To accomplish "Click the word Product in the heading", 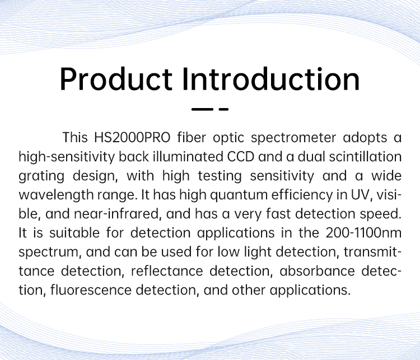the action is pyautogui.click(x=116, y=80).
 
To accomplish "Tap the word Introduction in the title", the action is pyautogui.click(x=271, y=80).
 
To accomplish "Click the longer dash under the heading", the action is pyautogui.click(x=202, y=109).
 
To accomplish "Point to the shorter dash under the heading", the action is pyautogui.click(x=223, y=109).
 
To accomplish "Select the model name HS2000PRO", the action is pyautogui.click(x=132, y=137).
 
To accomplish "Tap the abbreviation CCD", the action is pyautogui.click(x=241, y=157).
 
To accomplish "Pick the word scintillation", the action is pyautogui.click(x=365, y=157).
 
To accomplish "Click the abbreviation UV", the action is pyautogui.click(x=362, y=195).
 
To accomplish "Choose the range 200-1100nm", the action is pyautogui.click(x=363, y=233).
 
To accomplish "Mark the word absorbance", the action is pyautogui.click(x=317, y=271).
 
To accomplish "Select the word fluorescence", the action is pyautogui.click(x=91, y=290).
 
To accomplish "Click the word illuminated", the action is pyautogui.click(x=188, y=157).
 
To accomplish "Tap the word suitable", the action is pyautogui.click(x=74, y=233).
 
